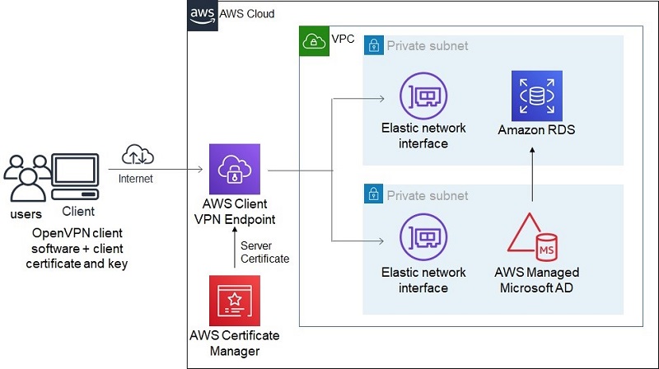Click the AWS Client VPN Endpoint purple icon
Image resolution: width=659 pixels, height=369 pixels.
(235, 169)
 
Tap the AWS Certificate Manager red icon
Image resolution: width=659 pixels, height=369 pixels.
(235, 300)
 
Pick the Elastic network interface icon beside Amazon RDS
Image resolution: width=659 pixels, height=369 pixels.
(423, 96)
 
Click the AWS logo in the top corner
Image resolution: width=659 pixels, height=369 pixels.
(201, 14)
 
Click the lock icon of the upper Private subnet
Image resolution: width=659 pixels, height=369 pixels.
(373, 46)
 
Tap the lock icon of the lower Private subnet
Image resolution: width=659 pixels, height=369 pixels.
(373, 195)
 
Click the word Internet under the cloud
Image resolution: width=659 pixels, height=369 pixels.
(136, 177)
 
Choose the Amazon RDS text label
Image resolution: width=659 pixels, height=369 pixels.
(536, 130)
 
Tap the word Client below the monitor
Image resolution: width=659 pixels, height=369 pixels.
(77, 212)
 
